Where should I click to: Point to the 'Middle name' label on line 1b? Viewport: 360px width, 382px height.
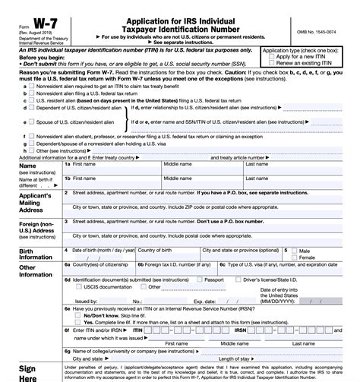coord(178,178)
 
